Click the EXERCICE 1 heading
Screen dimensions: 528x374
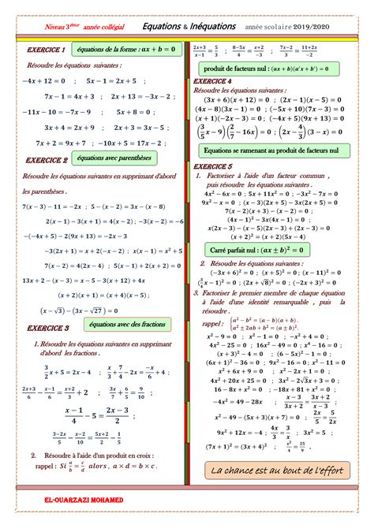[45, 50]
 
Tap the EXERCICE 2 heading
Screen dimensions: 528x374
[47, 159]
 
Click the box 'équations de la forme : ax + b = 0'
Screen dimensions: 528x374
[126, 49]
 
